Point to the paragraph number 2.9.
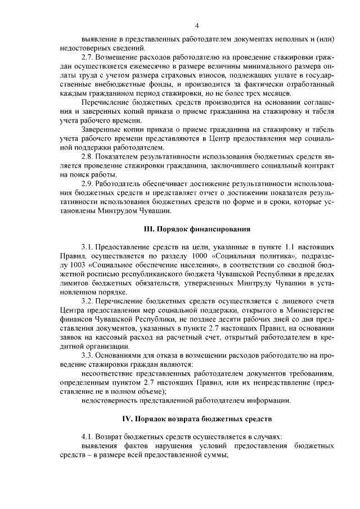[x=88, y=184]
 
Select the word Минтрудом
[x=124, y=211]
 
